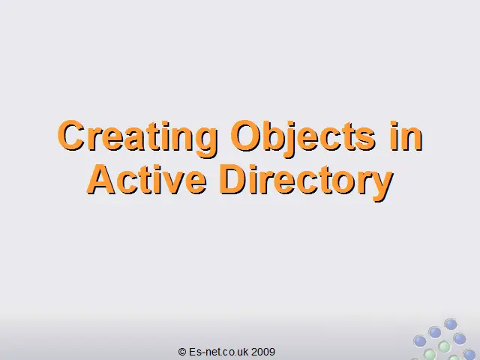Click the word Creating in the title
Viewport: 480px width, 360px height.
coord(138,138)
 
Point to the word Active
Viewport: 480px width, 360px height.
coord(147,180)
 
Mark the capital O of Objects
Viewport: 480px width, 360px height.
coord(246,135)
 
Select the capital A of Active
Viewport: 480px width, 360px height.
coord(101,180)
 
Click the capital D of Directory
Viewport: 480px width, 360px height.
coord(233,180)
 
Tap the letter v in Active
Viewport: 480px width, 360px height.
coord(170,184)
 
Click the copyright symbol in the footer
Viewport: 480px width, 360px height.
coord(182,352)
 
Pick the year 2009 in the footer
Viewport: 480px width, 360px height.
coord(263,352)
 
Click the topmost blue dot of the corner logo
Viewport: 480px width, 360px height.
coord(451,324)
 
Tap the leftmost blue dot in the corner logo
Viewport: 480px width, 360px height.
coord(420,341)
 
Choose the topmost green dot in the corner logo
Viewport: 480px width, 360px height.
coord(444,347)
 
